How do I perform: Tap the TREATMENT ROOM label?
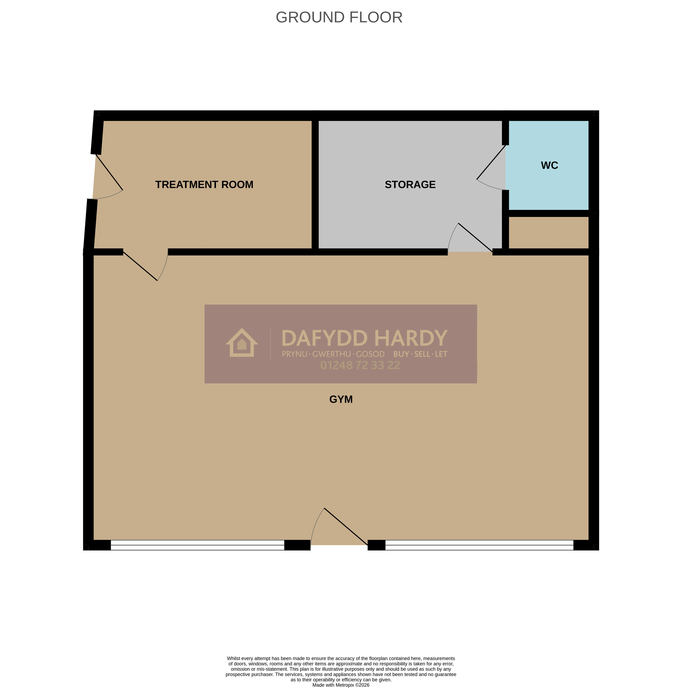(204, 184)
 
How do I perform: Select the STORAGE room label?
(410, 184)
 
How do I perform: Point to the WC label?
(549, 165)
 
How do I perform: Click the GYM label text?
(341, 399)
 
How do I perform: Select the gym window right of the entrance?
(479, 545)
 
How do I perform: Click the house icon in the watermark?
(242, 343)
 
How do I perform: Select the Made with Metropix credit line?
(341, 685)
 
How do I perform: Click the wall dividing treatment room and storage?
(315, 184)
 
